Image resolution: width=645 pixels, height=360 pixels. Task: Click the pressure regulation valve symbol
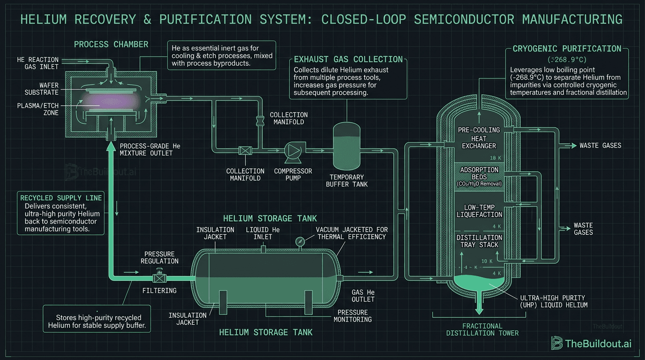pos(160,277)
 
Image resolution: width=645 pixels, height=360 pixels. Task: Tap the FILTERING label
pos(159,291)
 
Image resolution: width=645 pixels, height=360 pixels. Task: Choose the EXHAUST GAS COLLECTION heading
pos(348,60)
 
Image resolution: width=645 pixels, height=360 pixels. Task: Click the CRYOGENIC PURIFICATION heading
pos(567,49)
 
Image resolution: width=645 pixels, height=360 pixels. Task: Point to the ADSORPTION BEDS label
pos(479,173)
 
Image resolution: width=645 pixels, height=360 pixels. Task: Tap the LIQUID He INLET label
pos(263,233)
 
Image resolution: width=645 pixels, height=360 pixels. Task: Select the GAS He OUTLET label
pos(363,296)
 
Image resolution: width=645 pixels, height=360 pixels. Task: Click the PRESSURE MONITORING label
pos(352,316)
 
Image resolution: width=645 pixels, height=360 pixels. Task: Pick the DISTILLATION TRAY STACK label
pos(479,241)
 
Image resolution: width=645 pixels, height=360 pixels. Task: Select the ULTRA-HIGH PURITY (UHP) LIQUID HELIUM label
pos(553,301)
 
